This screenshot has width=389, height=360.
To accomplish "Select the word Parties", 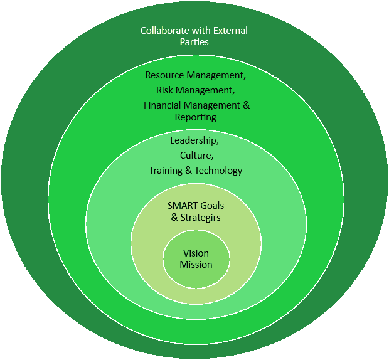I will coord(196,42).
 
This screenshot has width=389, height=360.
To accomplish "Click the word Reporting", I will coord(196,117).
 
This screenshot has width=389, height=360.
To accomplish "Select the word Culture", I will coord(196,155).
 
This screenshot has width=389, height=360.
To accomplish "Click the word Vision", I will coord(196,253).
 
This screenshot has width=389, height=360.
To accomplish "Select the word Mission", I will coord(196,265).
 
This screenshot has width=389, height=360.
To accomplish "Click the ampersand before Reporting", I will coord(245,105).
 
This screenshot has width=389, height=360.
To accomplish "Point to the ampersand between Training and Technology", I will coord(190,171).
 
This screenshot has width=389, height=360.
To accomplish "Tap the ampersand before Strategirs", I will coord(174,217).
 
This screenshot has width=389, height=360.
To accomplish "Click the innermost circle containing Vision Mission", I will coord(196,276).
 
